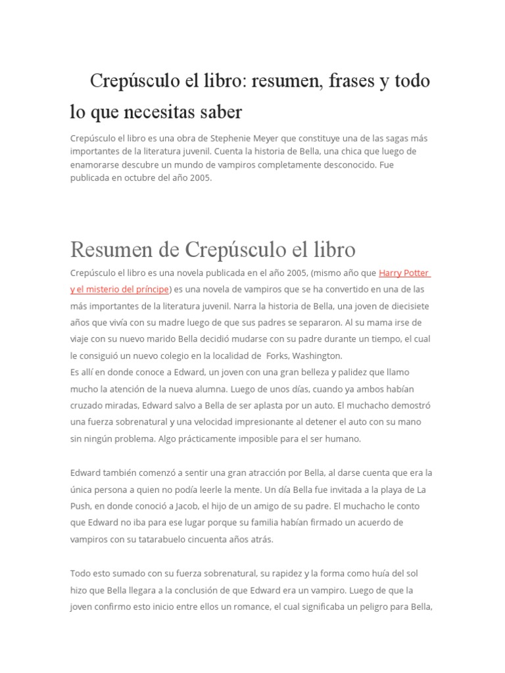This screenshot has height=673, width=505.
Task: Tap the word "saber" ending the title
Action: [x=221, y=112]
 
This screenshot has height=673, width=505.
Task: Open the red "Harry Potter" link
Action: [x=404, y=273]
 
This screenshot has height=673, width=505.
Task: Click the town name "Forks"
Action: [x=279, y=356]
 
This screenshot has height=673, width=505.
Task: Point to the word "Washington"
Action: [x=320, y=356]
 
